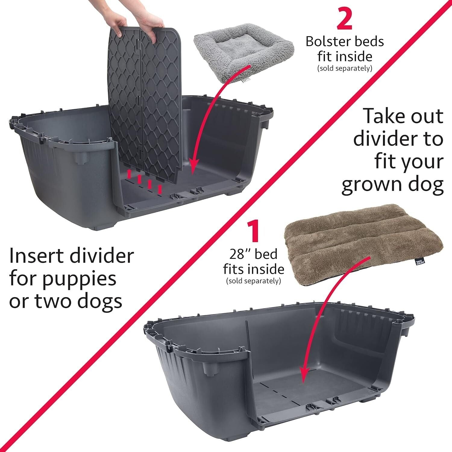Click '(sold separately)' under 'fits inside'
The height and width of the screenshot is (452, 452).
253,281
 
